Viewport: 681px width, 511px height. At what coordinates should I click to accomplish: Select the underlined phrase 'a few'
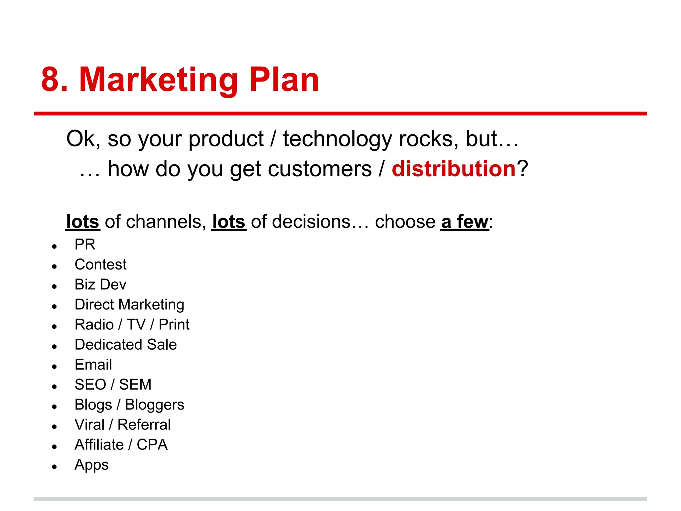[x=465, y=222]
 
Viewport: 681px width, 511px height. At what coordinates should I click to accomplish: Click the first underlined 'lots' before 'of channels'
[x=83, y=222]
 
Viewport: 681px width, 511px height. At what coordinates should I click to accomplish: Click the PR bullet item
[x=85, y=245]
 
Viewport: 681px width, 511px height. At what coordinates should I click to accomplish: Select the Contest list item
[x=100, y=264]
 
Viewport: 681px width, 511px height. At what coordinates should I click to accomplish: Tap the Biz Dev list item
[x=100, y=284]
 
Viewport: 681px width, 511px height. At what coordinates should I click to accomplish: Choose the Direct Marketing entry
[x=129, y=304]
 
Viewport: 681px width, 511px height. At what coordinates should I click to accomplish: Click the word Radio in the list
[x=94, y=324]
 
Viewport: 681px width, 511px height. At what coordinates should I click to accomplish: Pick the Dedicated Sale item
[x=126, y=344]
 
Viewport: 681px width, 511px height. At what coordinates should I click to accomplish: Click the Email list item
[x=93, y=364]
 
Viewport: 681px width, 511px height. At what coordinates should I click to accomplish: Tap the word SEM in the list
[x=135, y=385]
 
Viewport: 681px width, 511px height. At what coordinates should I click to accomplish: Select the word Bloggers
[x=155, y=405]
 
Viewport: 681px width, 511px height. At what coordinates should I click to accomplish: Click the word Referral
[x=144, y=425]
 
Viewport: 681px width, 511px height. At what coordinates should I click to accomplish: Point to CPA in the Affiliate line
[x=152, y=445]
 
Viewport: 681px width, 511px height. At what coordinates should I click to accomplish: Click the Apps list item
[x=91, y=465]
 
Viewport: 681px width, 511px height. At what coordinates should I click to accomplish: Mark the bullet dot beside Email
[x=55, y=367]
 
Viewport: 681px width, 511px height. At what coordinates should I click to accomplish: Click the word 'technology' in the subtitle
[x=337, y=139]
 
